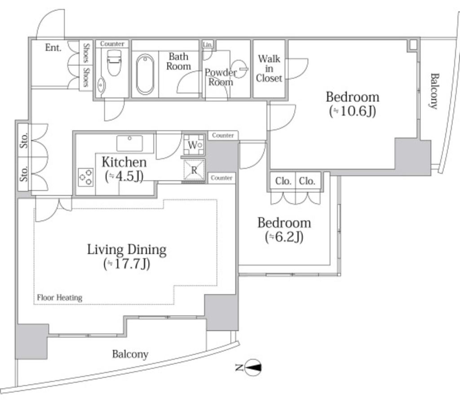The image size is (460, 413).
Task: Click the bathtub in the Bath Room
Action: pos(145,74)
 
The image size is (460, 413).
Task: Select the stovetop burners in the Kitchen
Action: pos(86,177)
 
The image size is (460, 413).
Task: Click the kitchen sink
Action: pos(130,143)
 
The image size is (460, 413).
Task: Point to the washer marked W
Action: pos(194,145)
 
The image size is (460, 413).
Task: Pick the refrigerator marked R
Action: pos(194,170)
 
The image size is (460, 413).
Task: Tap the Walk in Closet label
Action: pos(269,69)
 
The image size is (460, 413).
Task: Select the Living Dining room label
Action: pos(127,250)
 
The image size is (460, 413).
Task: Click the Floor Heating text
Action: pos(60,298)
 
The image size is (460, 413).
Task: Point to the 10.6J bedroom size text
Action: pos(353,111)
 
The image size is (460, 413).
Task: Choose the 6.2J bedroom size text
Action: pos(284,237)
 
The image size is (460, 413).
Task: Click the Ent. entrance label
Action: pos(53,47)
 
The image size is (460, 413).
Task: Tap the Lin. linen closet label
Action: pos(208,44)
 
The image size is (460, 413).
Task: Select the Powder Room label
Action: pos(221,77)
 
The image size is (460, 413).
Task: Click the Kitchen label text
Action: pos(124,162)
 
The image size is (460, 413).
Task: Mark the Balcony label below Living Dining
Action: pos(130,354)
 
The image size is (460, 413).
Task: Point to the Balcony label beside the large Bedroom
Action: pos(434,91)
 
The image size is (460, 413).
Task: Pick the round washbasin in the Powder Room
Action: pos(239,69)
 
